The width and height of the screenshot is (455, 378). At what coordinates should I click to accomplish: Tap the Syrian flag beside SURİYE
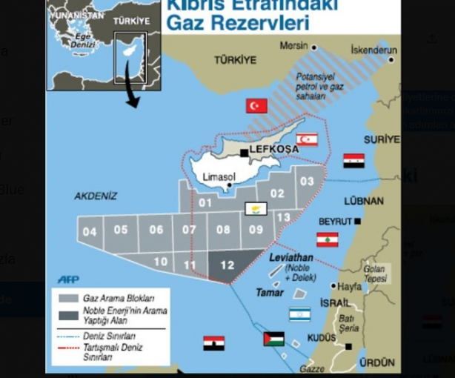click(x=353, y=160)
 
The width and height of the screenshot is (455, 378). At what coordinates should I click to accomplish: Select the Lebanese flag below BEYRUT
click(x=328, y=239)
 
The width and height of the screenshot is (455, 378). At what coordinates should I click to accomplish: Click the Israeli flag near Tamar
click(x=299, y=314)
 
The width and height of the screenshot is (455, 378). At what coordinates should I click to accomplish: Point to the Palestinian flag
click(x=273, y=339)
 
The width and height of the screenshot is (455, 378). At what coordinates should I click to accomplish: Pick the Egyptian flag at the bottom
click(x=214, y=342)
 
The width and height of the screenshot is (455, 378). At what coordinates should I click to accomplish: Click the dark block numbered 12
click(x=227, y=265)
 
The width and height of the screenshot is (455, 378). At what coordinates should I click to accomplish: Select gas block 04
click(x=90, y=231)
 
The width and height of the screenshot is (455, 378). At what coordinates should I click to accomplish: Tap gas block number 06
click(x=156, y=229)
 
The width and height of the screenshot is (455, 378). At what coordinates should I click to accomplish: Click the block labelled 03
click(x=306, y=180)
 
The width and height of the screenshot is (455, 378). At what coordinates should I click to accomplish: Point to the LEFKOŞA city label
click(x=273, y=149)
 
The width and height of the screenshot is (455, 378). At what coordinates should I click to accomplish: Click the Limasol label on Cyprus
click(x=219, y=176)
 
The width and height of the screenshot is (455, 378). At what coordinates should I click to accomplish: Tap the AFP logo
click(x=68, y=279)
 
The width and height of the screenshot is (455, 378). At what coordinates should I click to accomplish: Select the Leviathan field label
click(x=292, y=258)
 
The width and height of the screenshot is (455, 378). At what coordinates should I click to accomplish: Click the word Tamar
click(x=270, y=292)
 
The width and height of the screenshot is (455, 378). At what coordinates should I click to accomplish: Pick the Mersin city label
click(x=293, y=46)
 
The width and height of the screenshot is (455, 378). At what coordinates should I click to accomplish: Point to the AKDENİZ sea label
click(x=96, y=196)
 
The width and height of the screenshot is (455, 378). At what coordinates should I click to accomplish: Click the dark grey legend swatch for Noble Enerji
click(x=67, y=315)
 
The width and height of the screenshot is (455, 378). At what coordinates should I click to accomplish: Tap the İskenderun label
click(x=373, y=50)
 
